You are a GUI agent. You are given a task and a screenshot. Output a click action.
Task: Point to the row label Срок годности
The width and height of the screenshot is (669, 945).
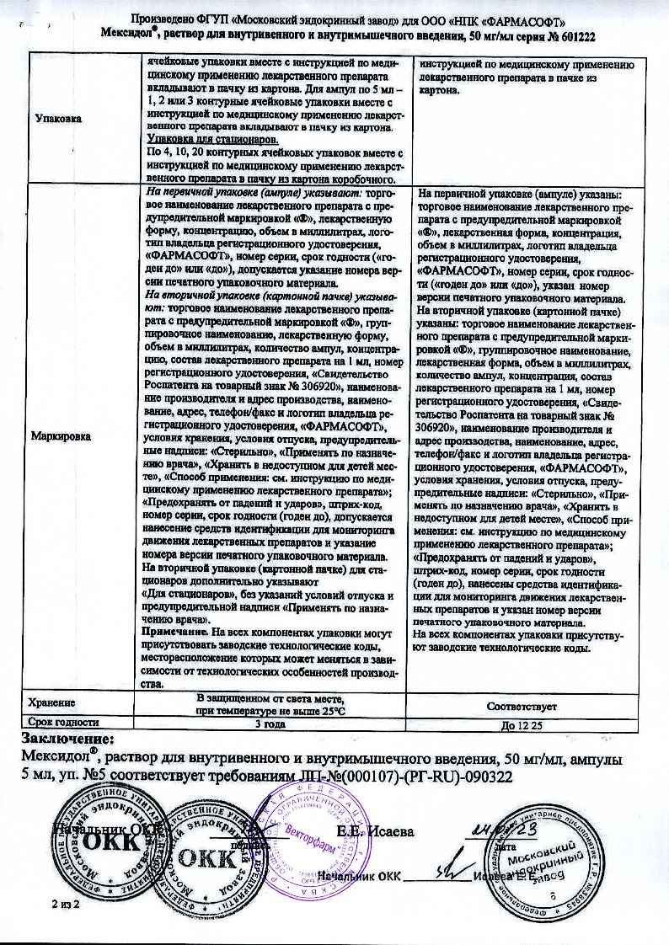(x=64, y=722)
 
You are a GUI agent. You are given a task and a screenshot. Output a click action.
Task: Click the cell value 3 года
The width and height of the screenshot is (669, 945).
(x=270, y=722)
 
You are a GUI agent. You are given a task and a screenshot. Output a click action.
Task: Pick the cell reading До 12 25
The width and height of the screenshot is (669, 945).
(x=521, y=723)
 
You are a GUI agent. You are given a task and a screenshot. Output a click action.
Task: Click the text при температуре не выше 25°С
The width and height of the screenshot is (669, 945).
(x=270, y=711)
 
